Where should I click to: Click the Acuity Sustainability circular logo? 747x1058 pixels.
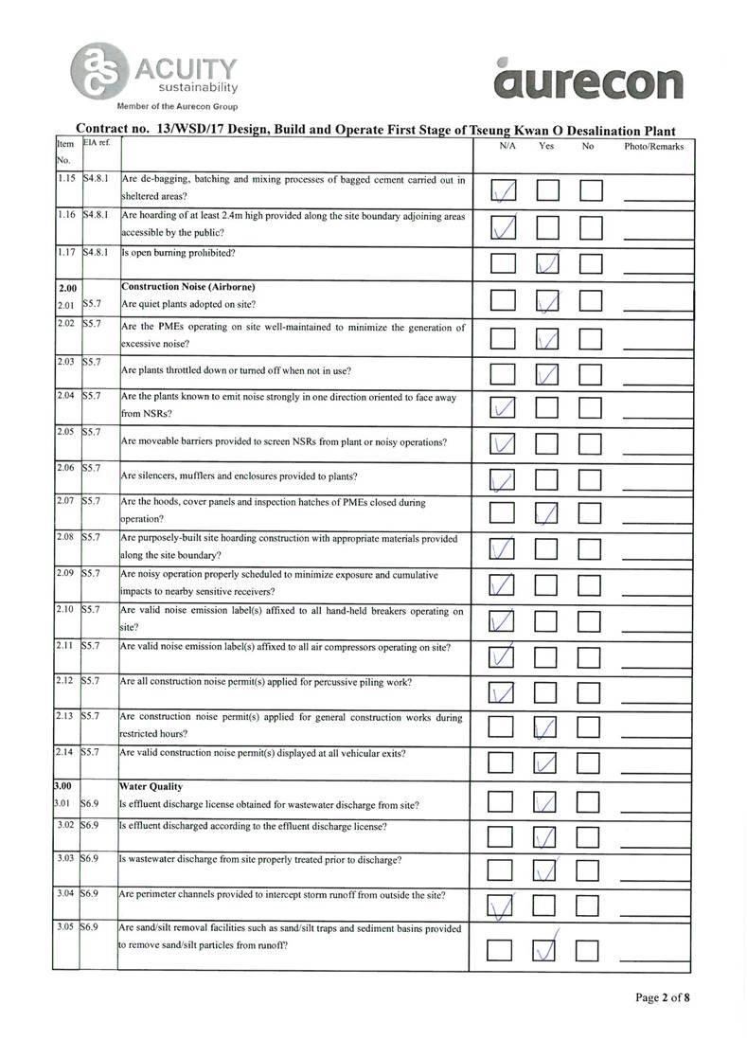click(96, 69)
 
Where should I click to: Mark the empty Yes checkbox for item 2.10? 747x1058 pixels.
click(548, 620)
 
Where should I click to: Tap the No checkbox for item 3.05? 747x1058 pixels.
click(591, 948)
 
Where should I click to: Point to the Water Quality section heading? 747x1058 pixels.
click(151, 786)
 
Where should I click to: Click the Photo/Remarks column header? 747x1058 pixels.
click(653, 148)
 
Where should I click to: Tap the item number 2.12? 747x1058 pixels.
click(64, 681)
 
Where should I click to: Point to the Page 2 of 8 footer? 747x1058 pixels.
click(662, 997)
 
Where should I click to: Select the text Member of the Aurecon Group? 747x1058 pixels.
click(177, 106)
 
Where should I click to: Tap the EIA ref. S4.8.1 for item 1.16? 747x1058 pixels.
click(98, 215)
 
